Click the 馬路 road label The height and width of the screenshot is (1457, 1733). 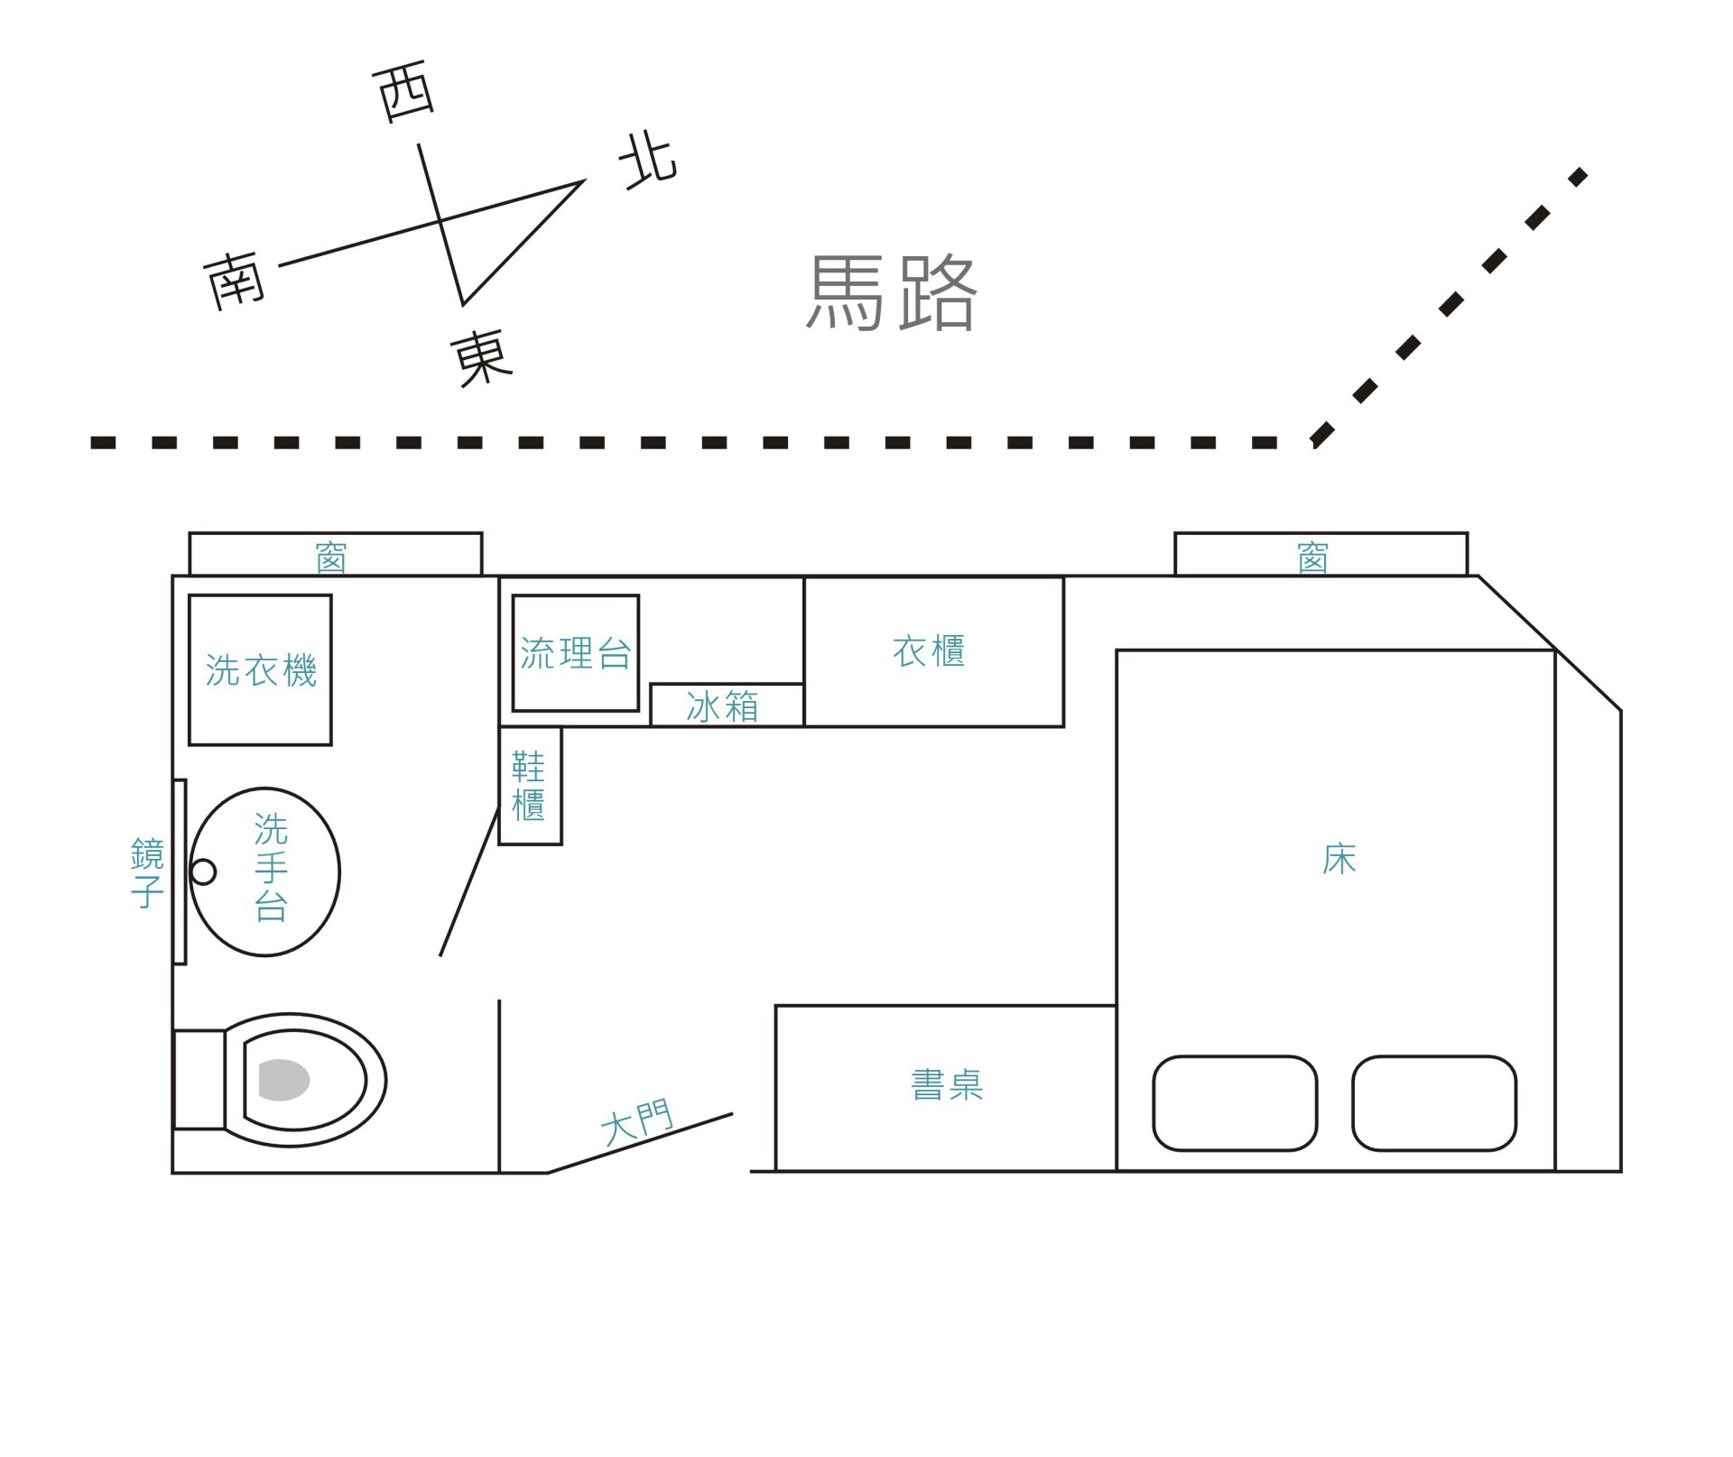click(x=891, y=292)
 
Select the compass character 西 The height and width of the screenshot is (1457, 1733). click(x=404, y=91)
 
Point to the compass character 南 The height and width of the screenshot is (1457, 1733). click(x=234, y=280)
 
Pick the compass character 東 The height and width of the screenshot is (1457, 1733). click(x=481, y=358)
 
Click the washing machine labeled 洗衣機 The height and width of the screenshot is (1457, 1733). click(x=260, y=669)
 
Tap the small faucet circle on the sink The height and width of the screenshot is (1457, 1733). click(x=204, y=871)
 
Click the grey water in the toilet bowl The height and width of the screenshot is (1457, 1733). click(x=283, y=1080)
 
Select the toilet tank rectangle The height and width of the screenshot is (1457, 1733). click(x=199, y=1079)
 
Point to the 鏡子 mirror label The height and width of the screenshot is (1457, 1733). click(x=147, y=872)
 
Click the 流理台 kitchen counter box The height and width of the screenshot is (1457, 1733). click(x=575, y=653)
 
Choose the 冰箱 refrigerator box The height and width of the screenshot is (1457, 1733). click(x=726, y=705)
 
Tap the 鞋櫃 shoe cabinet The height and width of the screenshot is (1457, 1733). click(x=530, y=785)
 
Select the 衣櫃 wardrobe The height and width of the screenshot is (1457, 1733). click(x=932, y=651)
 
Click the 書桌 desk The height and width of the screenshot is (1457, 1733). click(x=946, y=1085)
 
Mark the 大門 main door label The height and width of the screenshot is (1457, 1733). click(x=637, y=1122)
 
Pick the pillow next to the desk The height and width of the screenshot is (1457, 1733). click(x=1234, y=1102)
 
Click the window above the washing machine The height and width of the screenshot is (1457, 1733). click(x=335, y=555)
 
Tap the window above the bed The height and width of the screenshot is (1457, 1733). click(x=1320, y=555)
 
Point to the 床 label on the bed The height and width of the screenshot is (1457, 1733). click(x=1339, y=860)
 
